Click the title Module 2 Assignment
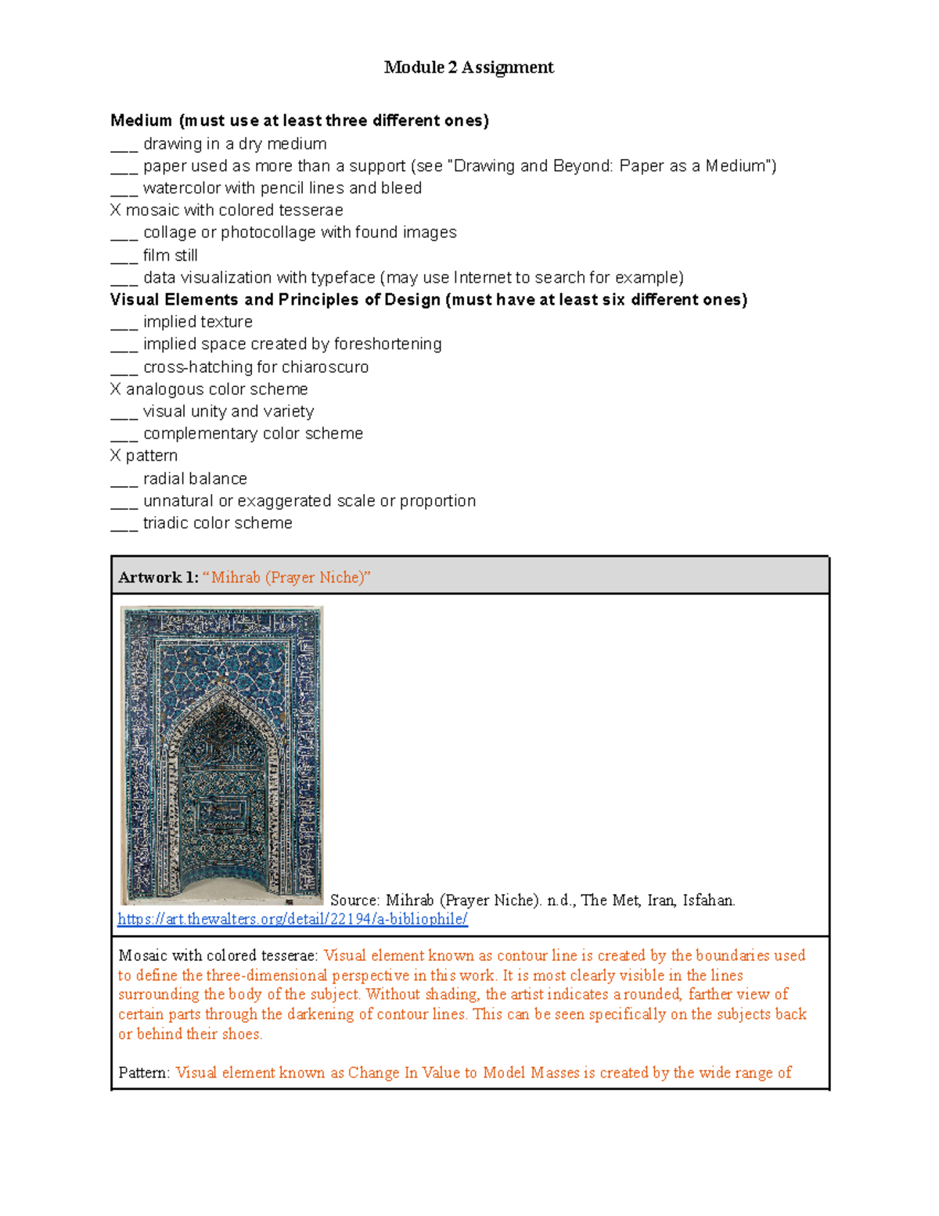pyautogui.click(x=469, y=67)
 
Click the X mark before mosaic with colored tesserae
pyautogui.click(x=116, y=211)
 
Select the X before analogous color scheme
pyautogui.click(x=116, y=389)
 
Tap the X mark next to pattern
pyautogui.click(x=116, y=456)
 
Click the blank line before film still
pyautogui.click(x=124, y=258)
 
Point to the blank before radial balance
pyautogui.click(x=124, y=482)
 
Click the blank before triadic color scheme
pyautogui.click(x=124, y=526)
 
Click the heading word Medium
pyautogui.click(x=141, y=121)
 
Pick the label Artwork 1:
pyautogui.click(x=158, y=578)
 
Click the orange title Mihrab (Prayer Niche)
pyautogui.click(x=286, y=578)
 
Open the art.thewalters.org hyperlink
pyautogui.click(x=293, y=919)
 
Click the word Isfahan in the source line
pyautogui.click(x=709, y=900)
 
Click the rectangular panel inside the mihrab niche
pyautogui.click(x=222, y=811)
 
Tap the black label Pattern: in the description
pyautogui.click(x=144, y=1073)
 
